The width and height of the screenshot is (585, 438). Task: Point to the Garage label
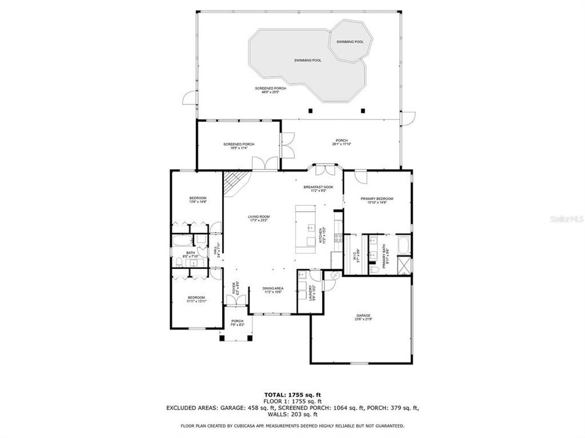(363, 315)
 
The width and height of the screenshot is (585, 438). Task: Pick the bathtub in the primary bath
(403, 246)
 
